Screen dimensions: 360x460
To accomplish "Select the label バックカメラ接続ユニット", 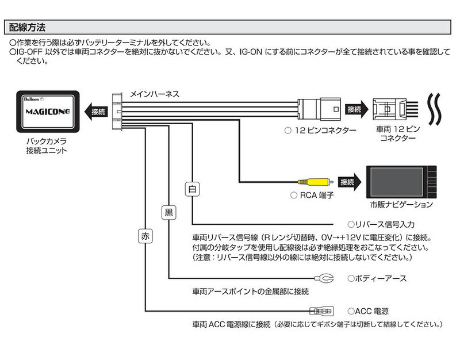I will point(45,146).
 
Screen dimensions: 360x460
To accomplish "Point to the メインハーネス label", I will point(155,93).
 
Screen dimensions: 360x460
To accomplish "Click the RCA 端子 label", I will point(313,196).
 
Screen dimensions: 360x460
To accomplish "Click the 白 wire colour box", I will point(192,188).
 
